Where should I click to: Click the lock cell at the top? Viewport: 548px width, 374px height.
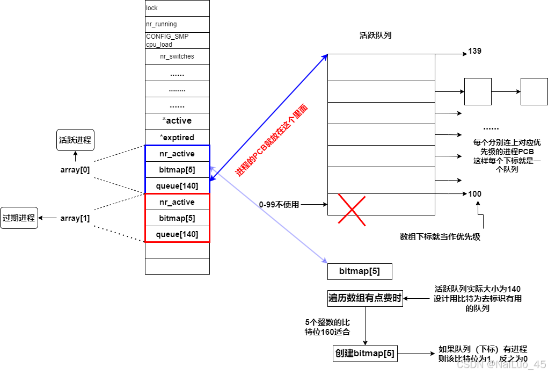[x=177, y=9]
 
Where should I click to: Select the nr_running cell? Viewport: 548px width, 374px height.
[x=177, y=24]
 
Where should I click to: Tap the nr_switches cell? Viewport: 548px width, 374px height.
[x=177, y=56]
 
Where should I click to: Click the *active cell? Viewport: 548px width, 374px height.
[x=177, y=120]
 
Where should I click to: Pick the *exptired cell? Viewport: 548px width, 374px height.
[x=177, y=137]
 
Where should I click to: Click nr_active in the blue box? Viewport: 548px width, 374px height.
[x=177, y=154]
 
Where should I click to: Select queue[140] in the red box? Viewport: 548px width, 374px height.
[x=177, y=234]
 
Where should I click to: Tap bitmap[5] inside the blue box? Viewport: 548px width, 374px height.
[x=177, y=170]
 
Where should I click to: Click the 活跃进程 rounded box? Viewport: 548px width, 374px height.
[x=75, y=140]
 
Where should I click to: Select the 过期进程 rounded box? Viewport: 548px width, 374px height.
[x=19, y=218]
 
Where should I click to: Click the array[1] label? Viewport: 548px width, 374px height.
[x=75, y=218]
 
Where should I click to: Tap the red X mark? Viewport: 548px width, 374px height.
[x=352, y=210]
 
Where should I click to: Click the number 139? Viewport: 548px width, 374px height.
[x=474, y=52]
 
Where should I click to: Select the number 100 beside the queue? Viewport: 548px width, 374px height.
[x=474, y=194]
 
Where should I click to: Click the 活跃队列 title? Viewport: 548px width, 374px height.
[x=374, y=35]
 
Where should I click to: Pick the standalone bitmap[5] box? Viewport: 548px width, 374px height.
[x=360, y=271]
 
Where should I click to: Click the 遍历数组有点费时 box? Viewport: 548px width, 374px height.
[x=365, y=298]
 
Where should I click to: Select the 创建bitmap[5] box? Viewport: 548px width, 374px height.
[x=365, y=354]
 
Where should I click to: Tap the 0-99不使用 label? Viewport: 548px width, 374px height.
[x=279, y=205]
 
